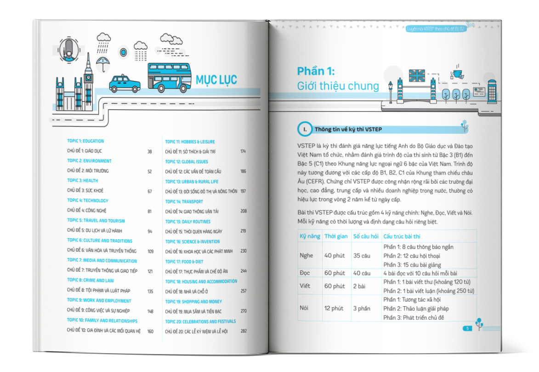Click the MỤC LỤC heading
click(216, 80)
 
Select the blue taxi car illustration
click(125, 84)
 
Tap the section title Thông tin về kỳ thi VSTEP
click(348, 129)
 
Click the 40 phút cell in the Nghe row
click(334, 256)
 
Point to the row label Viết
click(304, 286)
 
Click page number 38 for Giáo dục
click(149, 151)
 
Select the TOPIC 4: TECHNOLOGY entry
click(88, 200)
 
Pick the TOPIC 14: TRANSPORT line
click(184, 201)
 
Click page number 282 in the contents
click(244, 331)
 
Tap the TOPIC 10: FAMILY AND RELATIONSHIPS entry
click(102, 320)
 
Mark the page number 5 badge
click(467, 328)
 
